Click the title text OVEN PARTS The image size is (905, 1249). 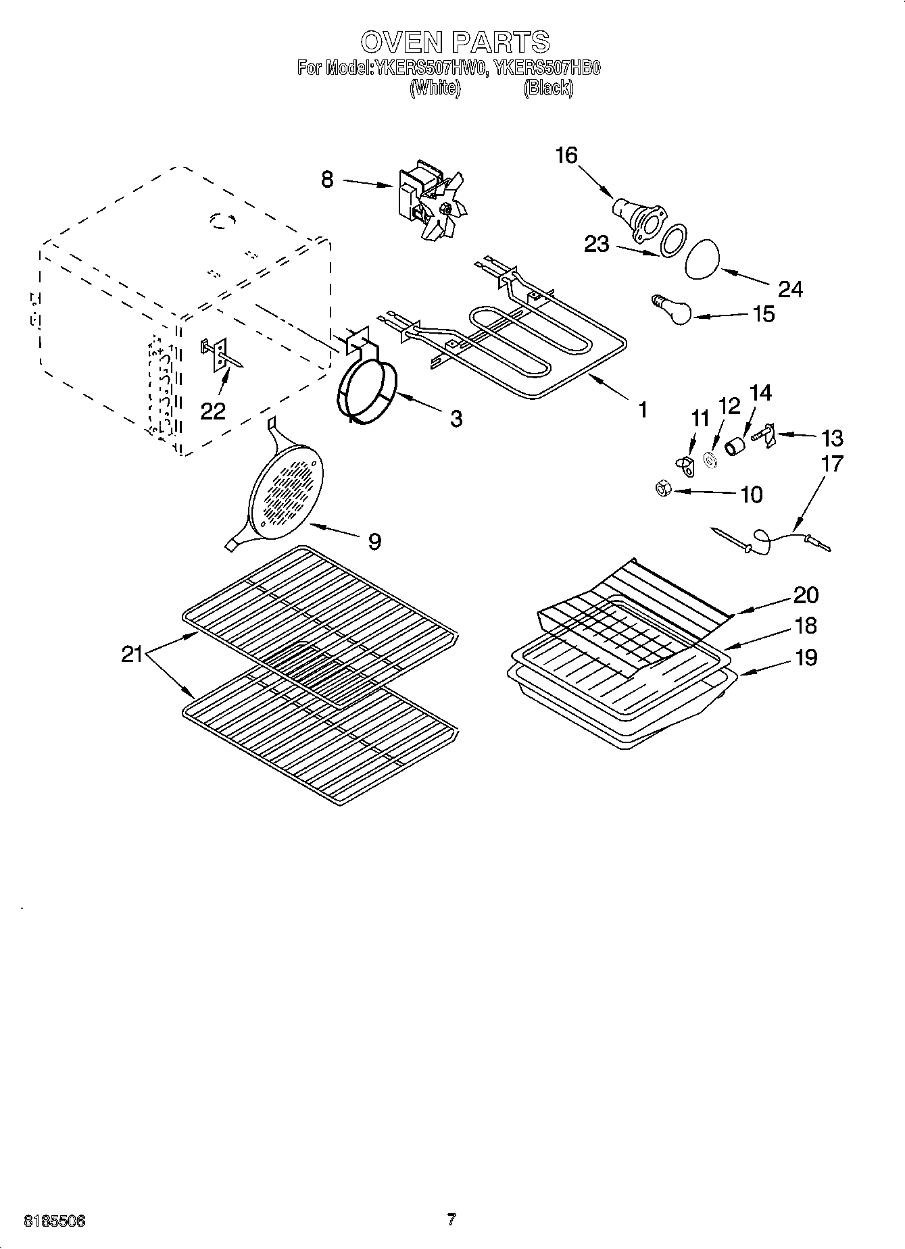pos(454,42)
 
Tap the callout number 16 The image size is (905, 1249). pos(566,155)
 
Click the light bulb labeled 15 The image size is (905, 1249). pos(674,309)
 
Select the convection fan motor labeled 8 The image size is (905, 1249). pos(426,200)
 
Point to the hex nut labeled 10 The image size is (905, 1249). pos(663,488)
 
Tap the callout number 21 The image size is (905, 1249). pos(132,654)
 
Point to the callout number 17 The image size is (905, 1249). pos(833,464)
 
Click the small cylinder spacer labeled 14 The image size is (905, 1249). pos(735,446)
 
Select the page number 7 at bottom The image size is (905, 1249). pos(451,1219)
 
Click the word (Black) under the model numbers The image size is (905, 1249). pos(548,88)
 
